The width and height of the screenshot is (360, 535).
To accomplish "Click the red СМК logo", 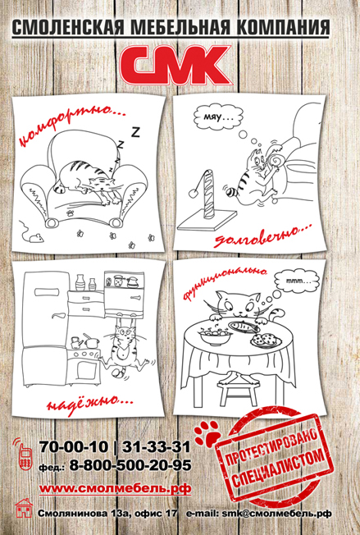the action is [175, 66].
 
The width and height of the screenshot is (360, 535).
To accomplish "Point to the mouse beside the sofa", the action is [34, 237].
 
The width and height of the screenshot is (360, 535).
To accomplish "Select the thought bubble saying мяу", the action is [218, 117].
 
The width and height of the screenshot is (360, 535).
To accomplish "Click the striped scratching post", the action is [209, 195].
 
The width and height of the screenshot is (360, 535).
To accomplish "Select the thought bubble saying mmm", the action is [297, 281].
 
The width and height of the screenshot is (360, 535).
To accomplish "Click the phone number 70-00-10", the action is [74, 446].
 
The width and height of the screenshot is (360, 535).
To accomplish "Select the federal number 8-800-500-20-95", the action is [130, 465].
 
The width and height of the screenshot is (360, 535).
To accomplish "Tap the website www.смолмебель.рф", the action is [116, 488].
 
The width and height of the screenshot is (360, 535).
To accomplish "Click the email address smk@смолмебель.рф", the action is [276, 513].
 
